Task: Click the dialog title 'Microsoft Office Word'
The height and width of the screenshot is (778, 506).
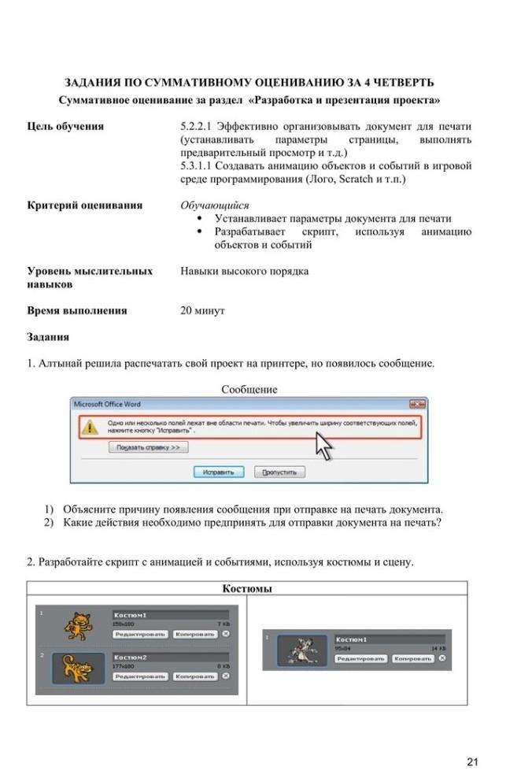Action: pos(107,404)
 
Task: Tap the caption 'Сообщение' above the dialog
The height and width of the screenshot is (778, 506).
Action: pos(249,389)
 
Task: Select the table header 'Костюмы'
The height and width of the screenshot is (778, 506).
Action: pos(247,588)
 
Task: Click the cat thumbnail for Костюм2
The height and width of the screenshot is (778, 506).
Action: pos(77,667)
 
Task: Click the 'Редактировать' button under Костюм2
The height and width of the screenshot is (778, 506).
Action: pos(139,676)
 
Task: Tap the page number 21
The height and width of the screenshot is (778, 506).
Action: pos(472,761)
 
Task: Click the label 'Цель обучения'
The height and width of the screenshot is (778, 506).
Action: pos(65,126)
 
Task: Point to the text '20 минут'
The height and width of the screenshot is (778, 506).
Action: pos(202,310)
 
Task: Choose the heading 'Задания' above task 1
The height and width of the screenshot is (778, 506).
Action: pos(48,336)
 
